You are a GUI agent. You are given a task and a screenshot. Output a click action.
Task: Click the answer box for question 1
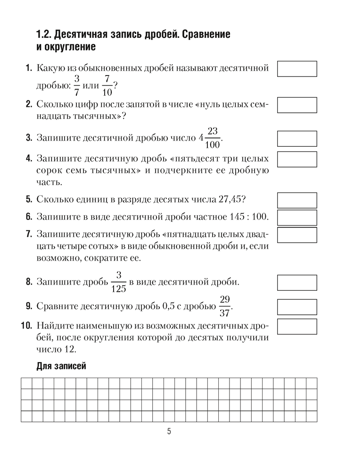(x=297, y=68)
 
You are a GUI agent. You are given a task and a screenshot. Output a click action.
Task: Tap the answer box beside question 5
(x=297, y=200)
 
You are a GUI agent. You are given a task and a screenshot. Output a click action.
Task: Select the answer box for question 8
(x=297, y=283)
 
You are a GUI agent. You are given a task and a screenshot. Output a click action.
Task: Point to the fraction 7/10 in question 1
(x=107, y=86)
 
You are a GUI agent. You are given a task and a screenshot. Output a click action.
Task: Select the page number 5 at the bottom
(x=169, y=431)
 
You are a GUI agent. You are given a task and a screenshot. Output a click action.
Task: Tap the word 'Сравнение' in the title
(x=206, y=34)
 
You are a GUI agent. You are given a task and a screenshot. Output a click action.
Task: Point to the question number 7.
(x=28, y=234)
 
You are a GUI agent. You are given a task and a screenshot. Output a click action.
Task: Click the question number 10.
(x=26, y=326)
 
